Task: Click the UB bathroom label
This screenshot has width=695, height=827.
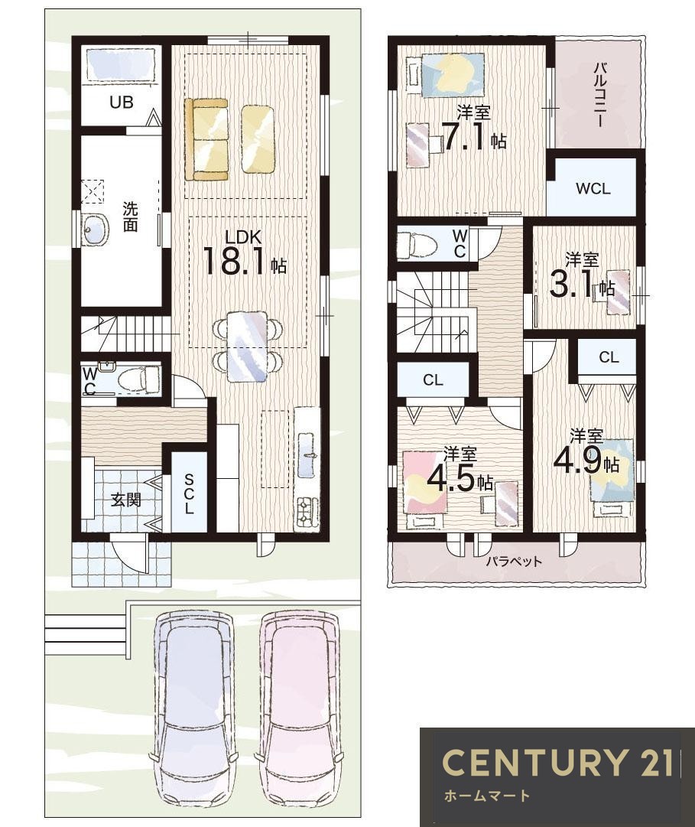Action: click(122, 102)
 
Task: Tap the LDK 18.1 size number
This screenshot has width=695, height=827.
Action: click(235, 261)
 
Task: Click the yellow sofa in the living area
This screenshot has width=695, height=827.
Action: click(206, 139)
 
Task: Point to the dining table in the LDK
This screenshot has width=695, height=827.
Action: click(248, 346)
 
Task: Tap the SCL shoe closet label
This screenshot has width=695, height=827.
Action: click(189, 494)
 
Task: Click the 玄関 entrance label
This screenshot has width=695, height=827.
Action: click(126, 499)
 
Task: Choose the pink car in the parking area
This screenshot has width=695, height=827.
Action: click(299, 712)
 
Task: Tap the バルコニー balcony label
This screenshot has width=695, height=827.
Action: click(599, 94)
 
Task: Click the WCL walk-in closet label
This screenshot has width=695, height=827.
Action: click(593, 188)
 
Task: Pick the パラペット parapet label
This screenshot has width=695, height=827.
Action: click(514, 561)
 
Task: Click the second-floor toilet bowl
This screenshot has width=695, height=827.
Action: click(417, 244)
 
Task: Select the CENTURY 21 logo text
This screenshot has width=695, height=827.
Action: click(557, 762)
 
